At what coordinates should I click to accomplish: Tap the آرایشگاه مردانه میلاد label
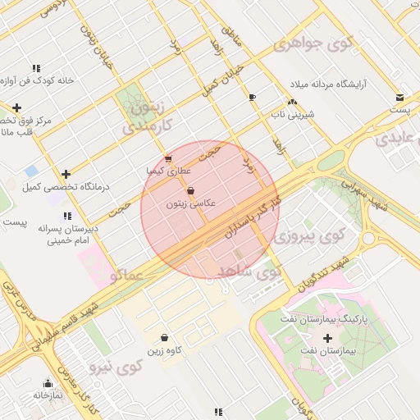331,84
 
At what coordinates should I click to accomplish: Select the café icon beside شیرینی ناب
252,98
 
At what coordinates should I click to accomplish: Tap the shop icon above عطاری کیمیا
168,158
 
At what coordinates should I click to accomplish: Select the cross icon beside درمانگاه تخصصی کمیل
66,174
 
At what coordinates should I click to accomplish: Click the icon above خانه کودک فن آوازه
36,68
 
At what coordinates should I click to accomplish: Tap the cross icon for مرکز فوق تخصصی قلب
16,107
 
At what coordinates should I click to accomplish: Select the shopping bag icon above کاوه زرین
164,337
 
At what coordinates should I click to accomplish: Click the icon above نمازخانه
48,383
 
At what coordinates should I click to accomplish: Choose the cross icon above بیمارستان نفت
328,338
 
